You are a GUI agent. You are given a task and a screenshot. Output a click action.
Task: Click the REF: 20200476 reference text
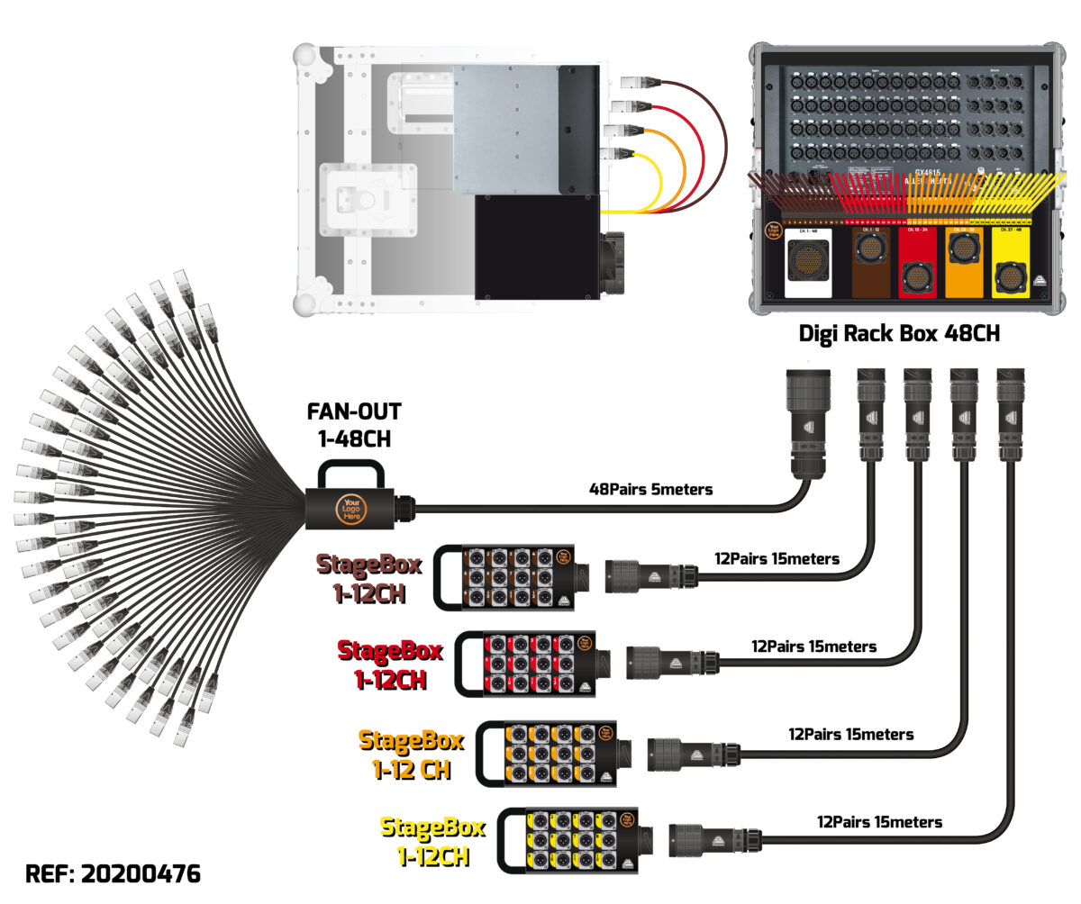(114, 873)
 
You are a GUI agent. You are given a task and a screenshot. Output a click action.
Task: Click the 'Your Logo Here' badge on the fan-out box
(350, 510)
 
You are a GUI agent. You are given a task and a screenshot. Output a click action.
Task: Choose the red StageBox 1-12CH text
(390, 663)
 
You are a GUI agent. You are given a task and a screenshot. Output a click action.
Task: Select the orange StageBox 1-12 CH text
(412, 754)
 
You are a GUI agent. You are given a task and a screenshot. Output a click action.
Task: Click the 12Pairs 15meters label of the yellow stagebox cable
(879, 821)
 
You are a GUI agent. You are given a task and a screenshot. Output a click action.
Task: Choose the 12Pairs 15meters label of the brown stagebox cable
(777, 559)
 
